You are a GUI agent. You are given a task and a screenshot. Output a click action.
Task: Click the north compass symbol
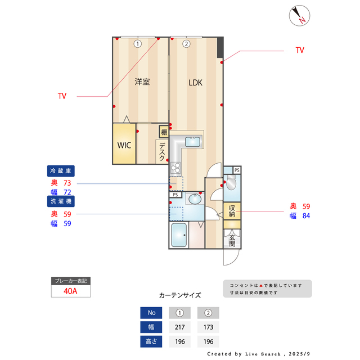tap(298, 16)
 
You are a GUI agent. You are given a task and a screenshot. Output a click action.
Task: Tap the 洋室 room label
tap(142, 82)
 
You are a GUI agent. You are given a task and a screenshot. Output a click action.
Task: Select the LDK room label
tap(195, 83)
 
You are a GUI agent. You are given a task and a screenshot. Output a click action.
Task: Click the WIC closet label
tap(124, 145)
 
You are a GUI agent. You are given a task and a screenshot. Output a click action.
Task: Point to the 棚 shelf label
tap(164, 133)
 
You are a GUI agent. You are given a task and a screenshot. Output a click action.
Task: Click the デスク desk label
tap(162, 152)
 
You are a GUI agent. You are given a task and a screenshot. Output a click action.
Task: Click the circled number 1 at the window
tap(137, 43)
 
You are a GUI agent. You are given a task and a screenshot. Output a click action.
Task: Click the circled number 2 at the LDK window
tap(186, 43)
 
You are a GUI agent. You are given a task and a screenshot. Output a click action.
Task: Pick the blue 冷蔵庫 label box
tap(61, 170)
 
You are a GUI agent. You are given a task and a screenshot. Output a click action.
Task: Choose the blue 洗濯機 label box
tap(61, 200)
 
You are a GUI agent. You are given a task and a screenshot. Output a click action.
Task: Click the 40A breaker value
tap(70, 291)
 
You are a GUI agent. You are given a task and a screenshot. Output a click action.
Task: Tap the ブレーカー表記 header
tap(70, 281)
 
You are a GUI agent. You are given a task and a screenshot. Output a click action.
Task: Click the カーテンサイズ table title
tap(179, 295)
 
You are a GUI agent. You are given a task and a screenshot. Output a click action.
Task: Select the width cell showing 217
tap(179, 327)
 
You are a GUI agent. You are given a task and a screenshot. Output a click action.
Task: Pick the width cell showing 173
tap(208, 327)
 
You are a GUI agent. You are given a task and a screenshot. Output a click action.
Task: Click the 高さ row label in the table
tap(151, 341)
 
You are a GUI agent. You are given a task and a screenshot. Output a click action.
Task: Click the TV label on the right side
tap(300, 50)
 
